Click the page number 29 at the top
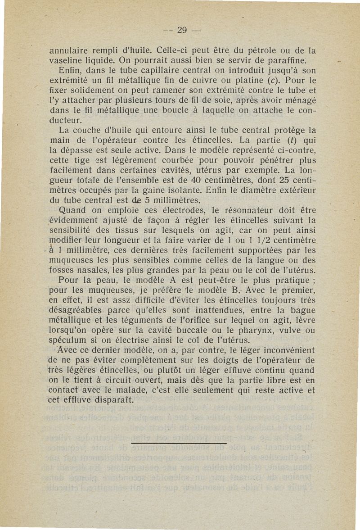[182, 31]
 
